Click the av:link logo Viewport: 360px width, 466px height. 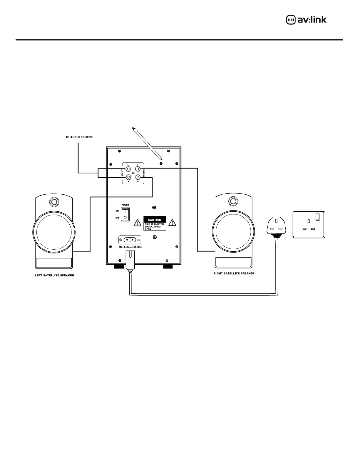pyautogui.click(x=306, y=20)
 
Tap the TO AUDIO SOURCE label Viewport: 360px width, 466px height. pyautogui.click(x=79, y=137)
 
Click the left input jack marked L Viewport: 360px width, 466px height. pyautogui.click(x=128, y=169)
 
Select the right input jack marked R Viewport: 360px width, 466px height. pyautogui.click(x=128, y=177)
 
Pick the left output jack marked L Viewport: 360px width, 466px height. pyautogui.click(x=138, y=169)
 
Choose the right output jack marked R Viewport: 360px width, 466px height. pyautogui.click(x=138, y=177)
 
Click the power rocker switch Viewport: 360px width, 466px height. pyautogui.click(x=125, y=214)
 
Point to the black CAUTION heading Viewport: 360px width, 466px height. pyautogui.click(x=155, y=220)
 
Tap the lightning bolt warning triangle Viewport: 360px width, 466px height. pyautogui.click(x=137, y=223)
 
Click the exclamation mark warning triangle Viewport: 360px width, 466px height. pyautogui.click(x=172, y=222)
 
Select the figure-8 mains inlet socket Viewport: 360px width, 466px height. pyautogui.click(x=130, y=240)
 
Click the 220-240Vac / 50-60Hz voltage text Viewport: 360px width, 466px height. pyautogui.click(x=130, y=247)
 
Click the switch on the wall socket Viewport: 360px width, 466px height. pyautogui.click(x=318, y=217)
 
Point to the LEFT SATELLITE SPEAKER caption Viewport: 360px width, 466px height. pyautogui.click(x=54, y=275)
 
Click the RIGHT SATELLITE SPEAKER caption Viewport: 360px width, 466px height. pyautogui.click(x=234, y=273)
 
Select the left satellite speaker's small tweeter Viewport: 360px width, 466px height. pyautogui.click(x=54, y=202)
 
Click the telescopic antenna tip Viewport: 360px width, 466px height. pyautogui.click(x=133, y=128)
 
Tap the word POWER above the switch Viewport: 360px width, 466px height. pyautogui.click(x=125, y=205)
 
